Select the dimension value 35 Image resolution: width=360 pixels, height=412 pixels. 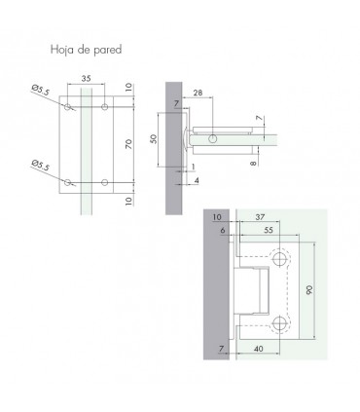pos(86,79)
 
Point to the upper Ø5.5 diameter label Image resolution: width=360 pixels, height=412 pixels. pos(41,90)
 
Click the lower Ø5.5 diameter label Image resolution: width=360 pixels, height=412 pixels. pos(41,166)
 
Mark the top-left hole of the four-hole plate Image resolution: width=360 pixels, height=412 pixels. pos(67,106)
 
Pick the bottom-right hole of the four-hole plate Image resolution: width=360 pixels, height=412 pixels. pos(104,182)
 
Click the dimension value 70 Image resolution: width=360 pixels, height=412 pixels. pos(129,144)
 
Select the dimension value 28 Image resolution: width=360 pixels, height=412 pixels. pos(198,93)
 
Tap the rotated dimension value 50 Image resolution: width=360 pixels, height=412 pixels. pos(154,139)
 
